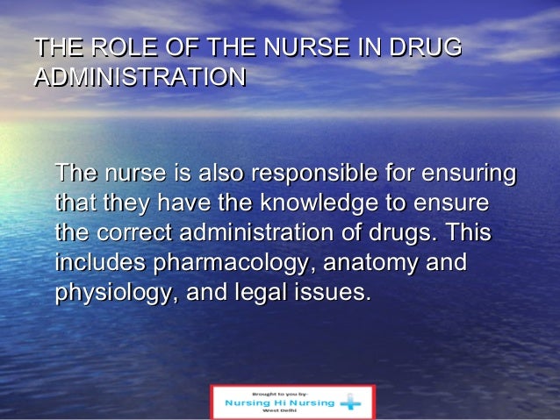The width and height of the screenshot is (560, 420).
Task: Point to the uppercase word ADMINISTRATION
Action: (x=139, y=77)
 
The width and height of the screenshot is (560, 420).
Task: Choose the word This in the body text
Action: (x=467, y=234)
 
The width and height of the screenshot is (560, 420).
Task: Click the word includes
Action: (x=101, y=263)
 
